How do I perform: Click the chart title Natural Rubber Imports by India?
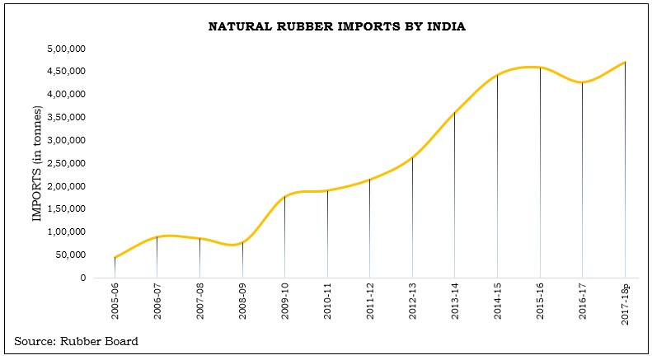[336, 27]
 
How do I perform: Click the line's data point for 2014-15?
[497, 75]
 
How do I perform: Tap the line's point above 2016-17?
[583, 82]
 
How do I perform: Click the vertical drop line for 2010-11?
[327, 235]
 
